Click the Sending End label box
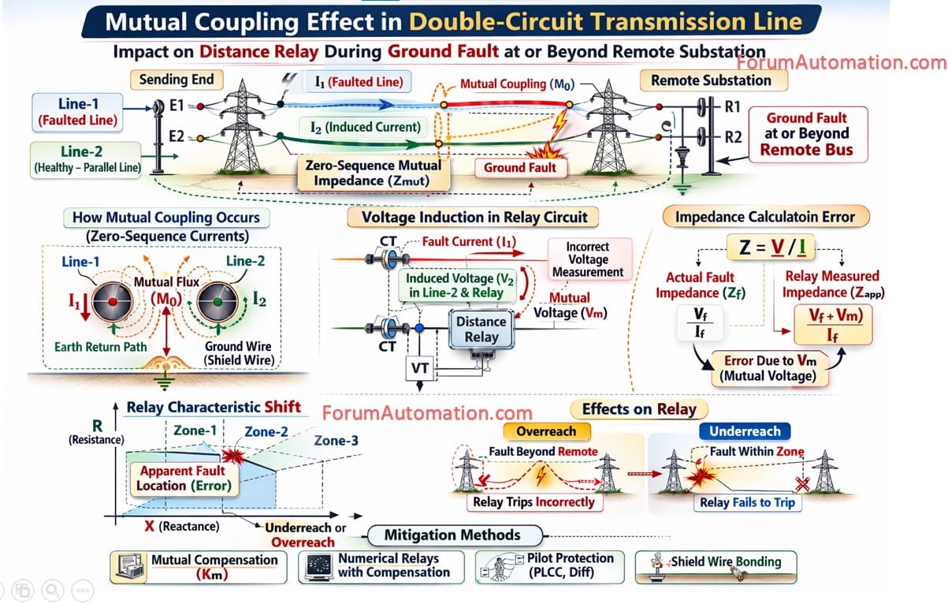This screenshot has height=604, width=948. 176,80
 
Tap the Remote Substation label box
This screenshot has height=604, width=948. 711,80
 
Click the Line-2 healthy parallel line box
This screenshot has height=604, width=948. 87,158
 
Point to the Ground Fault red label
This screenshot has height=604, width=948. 519,167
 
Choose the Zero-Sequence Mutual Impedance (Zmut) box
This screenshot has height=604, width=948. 374,173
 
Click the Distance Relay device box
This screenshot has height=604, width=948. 481,329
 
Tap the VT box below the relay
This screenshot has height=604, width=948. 419,367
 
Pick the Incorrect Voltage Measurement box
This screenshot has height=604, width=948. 588,259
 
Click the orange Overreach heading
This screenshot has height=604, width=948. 546,431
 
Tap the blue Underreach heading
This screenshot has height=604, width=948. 745,431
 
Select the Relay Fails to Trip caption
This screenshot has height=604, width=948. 747,502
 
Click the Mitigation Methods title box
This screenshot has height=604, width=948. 452,535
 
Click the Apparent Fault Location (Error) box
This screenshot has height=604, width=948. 184,478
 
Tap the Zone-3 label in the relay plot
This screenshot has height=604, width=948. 336,440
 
